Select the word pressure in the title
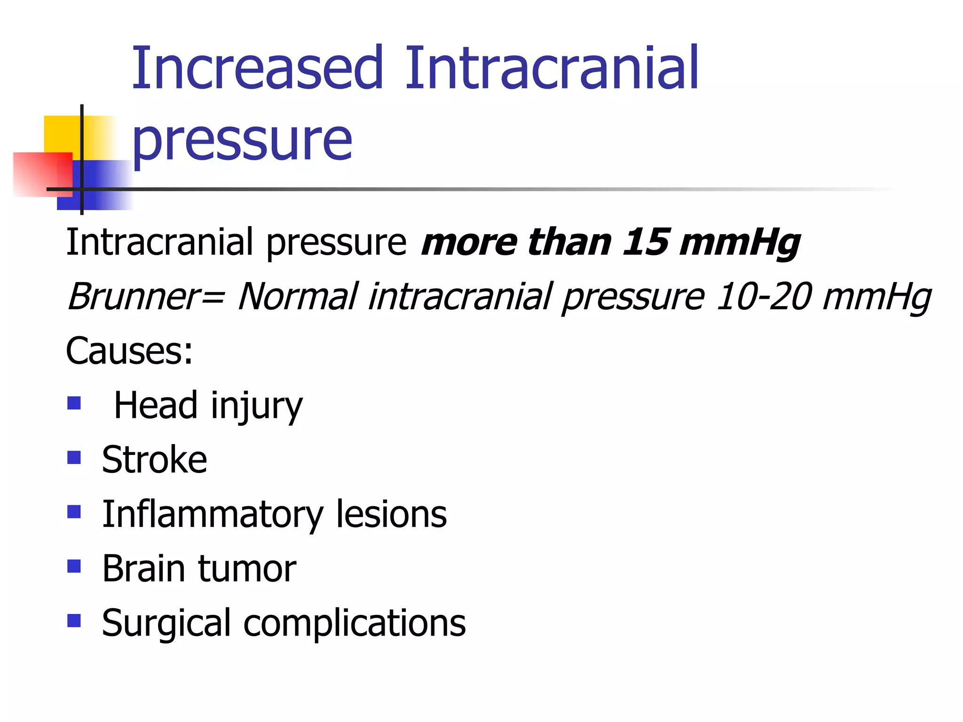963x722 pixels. coord(242,140)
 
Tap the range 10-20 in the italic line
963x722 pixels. coord(764,297)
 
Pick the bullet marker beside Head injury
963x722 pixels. coord(74,403)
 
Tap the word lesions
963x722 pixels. coord(391,514)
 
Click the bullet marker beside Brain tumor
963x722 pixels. coord(74,566)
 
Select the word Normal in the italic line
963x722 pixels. coord(298,297)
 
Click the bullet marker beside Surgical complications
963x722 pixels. coord(74,620)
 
